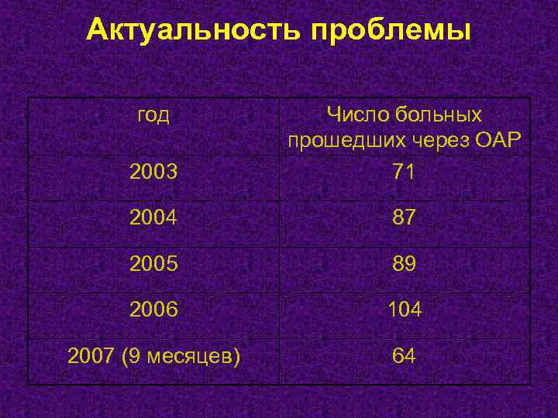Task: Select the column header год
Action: (153, 116)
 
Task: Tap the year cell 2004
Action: (153, 218)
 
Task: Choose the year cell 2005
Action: (153, 265)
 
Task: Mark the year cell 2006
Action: (153, 310)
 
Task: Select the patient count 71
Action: (404, 172)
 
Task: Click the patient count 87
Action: (404, 218)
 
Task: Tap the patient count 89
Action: (404, 265)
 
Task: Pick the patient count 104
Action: (404, 310)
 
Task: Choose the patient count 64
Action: (404, 356)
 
